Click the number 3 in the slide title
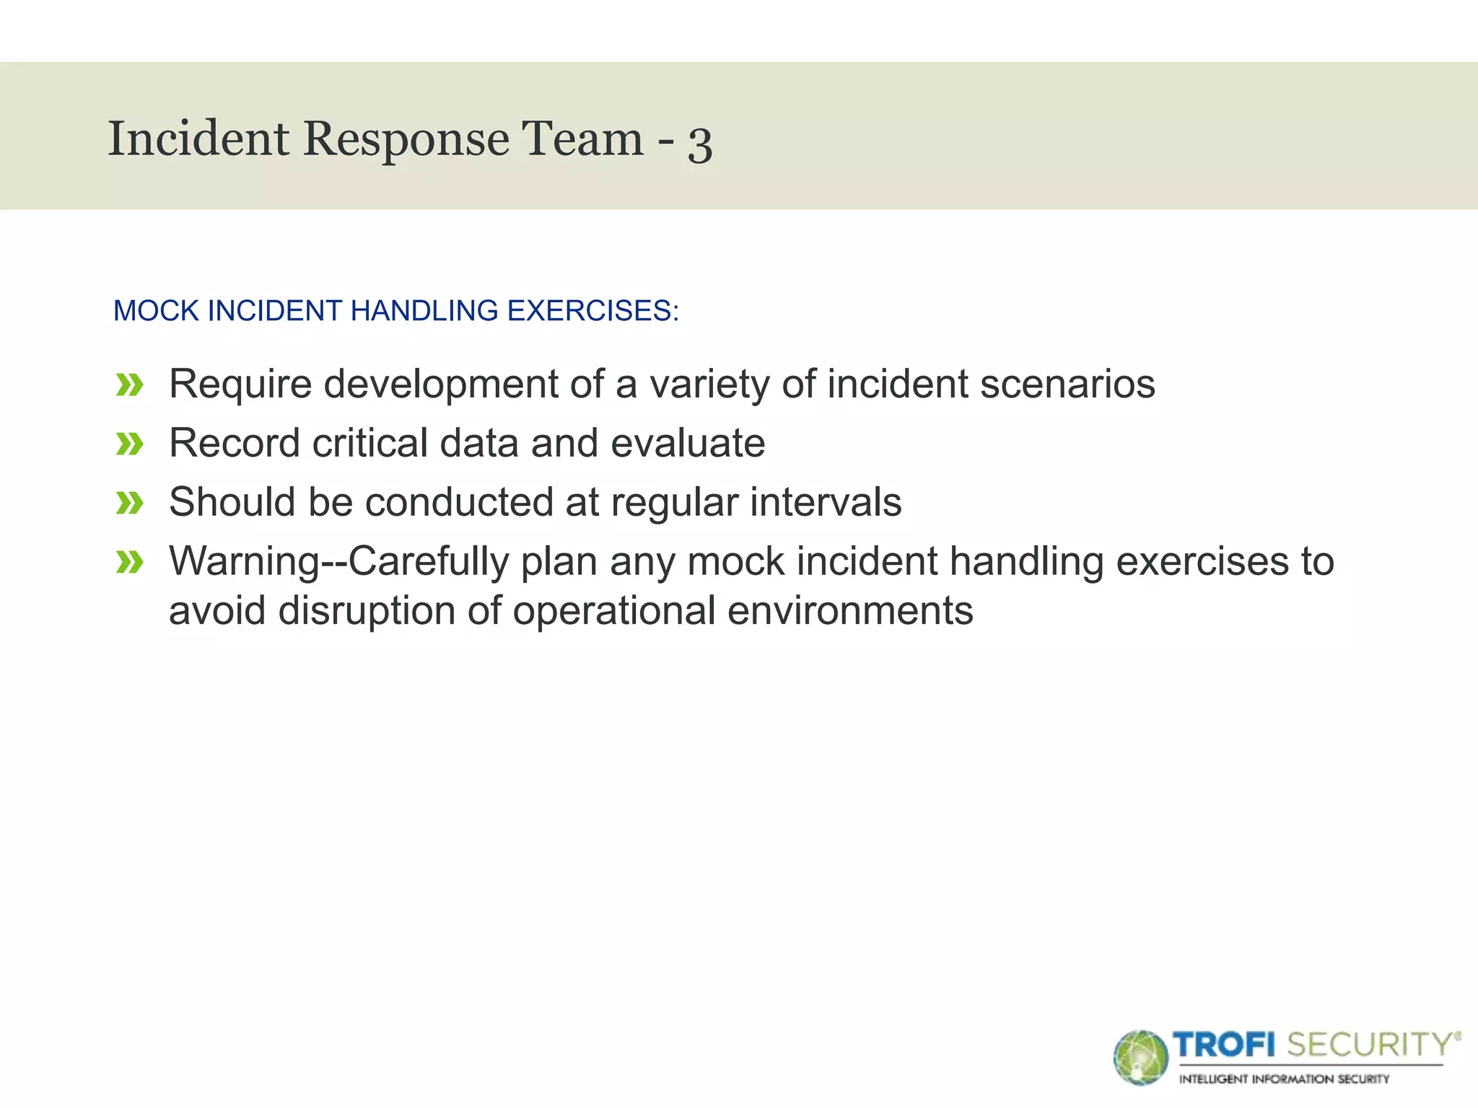tap(700, 144)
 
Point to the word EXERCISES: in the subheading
tap(592, 311)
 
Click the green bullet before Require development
tap(130, 385)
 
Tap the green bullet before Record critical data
tap(130, 444)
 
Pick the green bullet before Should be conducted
tap(130, 503)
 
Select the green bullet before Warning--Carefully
tap(130, 562)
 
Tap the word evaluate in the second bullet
tap(687, 443)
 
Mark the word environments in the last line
tap(850, 610)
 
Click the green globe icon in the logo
tap(1140, 1058)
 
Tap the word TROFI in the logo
tap(1224, 1045)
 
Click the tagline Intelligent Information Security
tap(1284, 1079)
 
